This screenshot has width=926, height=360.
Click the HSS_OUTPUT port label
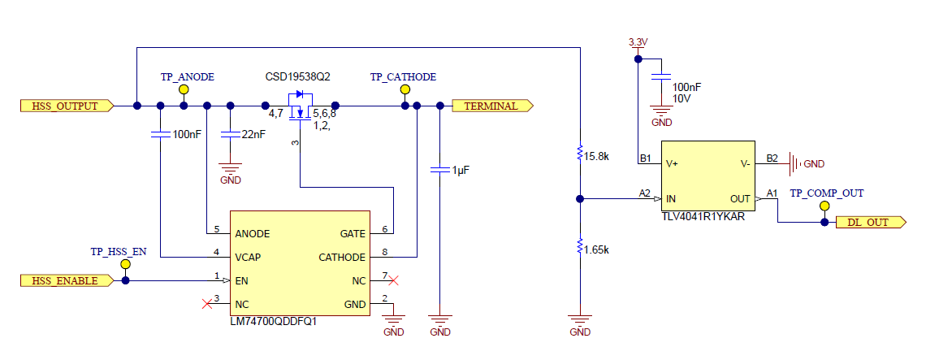(65, 106)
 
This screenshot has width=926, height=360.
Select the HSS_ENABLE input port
(65, 280)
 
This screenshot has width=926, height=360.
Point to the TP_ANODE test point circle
(184, 90)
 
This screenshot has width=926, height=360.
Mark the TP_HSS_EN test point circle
(125, 265)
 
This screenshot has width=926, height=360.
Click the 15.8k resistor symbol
(579, 153)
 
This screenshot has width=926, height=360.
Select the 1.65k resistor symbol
(579, 245)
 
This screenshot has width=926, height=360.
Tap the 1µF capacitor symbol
(439, 170)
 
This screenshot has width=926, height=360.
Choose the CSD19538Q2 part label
(297, 76)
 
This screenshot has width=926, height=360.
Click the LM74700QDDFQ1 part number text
(273, 321)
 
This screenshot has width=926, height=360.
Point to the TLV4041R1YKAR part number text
(703, 218)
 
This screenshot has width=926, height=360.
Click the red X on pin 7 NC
(394, 280)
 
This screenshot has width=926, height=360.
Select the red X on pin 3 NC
(206, 304)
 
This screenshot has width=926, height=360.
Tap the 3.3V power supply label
(638, 41)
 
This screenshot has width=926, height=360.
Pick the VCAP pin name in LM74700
(249, 257)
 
